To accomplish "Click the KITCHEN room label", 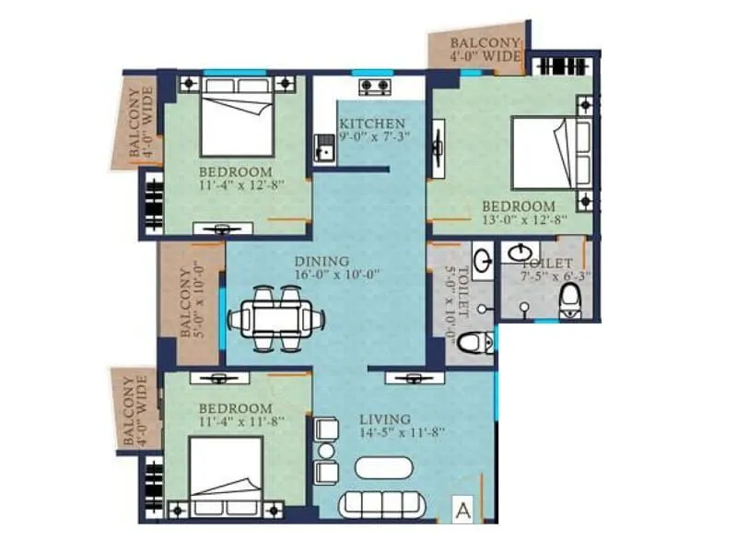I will click(x=371, y=124).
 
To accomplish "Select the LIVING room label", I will click(x=385, y=419).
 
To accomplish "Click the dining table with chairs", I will click(x=276, y=319).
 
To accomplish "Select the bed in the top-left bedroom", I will click(x=237, y=115).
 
